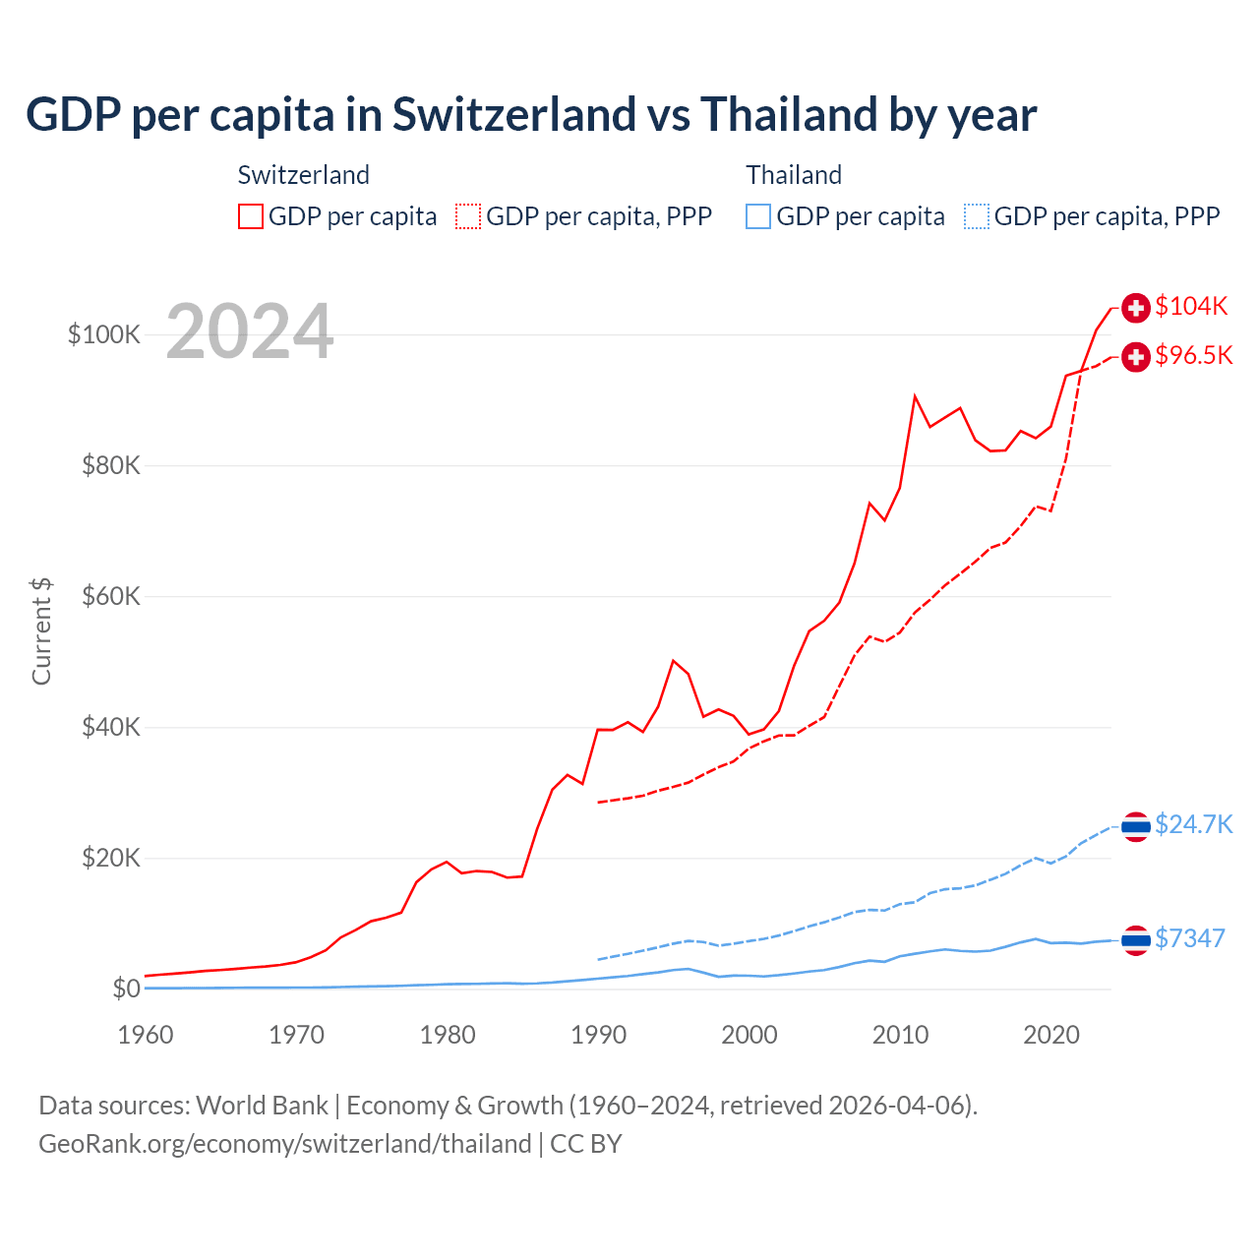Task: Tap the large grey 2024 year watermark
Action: pos(250,331)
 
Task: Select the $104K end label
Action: pos(1191,306)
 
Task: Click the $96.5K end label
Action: pos(1193,355)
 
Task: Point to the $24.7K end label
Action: pos(1193,824)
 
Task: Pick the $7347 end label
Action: pos(1190,938)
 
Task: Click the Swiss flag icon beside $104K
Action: pos(1136,308)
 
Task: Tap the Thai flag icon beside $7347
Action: pos(1136,940)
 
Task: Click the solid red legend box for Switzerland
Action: pos(251,216)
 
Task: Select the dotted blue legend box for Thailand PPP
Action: pos(977,216)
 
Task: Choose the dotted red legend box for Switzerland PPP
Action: pos(468,216)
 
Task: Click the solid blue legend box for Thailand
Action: pos(758,216)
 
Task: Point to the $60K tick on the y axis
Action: pos(111,596)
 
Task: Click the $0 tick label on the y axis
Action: pos(126,989)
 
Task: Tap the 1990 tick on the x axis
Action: pos(598,1035)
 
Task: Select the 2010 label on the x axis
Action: pos(900,1035)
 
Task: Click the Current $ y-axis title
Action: pos(41,631)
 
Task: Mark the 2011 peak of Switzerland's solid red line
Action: pos(915,396)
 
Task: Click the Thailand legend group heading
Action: pos(794,175)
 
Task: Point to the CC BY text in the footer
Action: pos(586,1144)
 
